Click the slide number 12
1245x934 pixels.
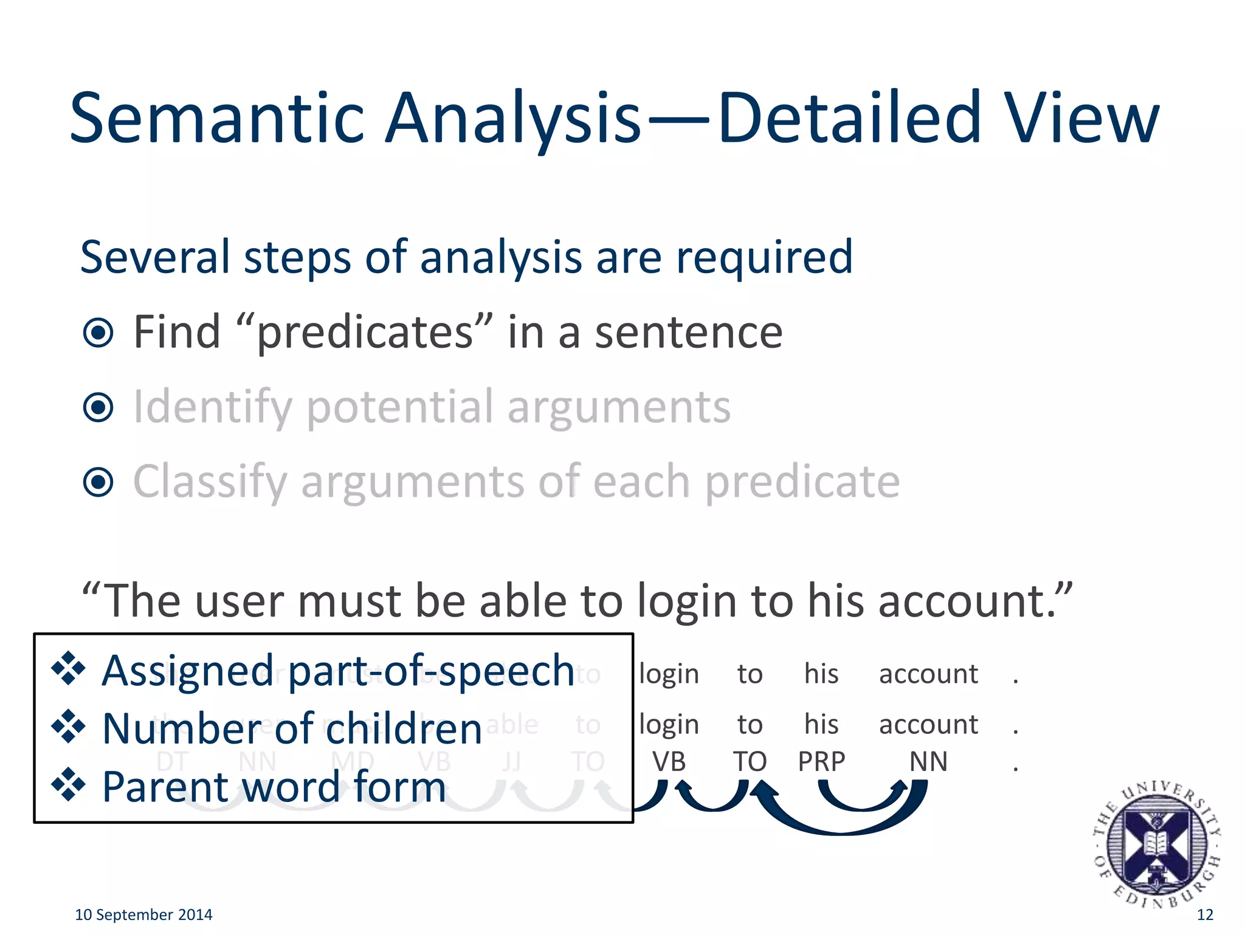tap(1204, 915)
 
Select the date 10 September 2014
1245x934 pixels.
tap(143, 915)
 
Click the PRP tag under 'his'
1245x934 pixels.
tap(821, 761)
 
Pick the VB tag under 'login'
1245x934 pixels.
tap(669, 761)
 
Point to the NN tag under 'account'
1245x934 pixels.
tap(928, 761)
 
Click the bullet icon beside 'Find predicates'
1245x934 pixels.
tap(98, 333)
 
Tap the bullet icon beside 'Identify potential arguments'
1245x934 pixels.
tap(98, 407)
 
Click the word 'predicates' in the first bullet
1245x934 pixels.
tap(365, 333)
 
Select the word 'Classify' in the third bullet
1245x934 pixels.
tap(210, 482)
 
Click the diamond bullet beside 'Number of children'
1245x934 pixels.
tap(68, 727)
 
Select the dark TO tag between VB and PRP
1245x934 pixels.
tap(750, 761)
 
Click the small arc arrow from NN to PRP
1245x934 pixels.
tap(861, 801)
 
